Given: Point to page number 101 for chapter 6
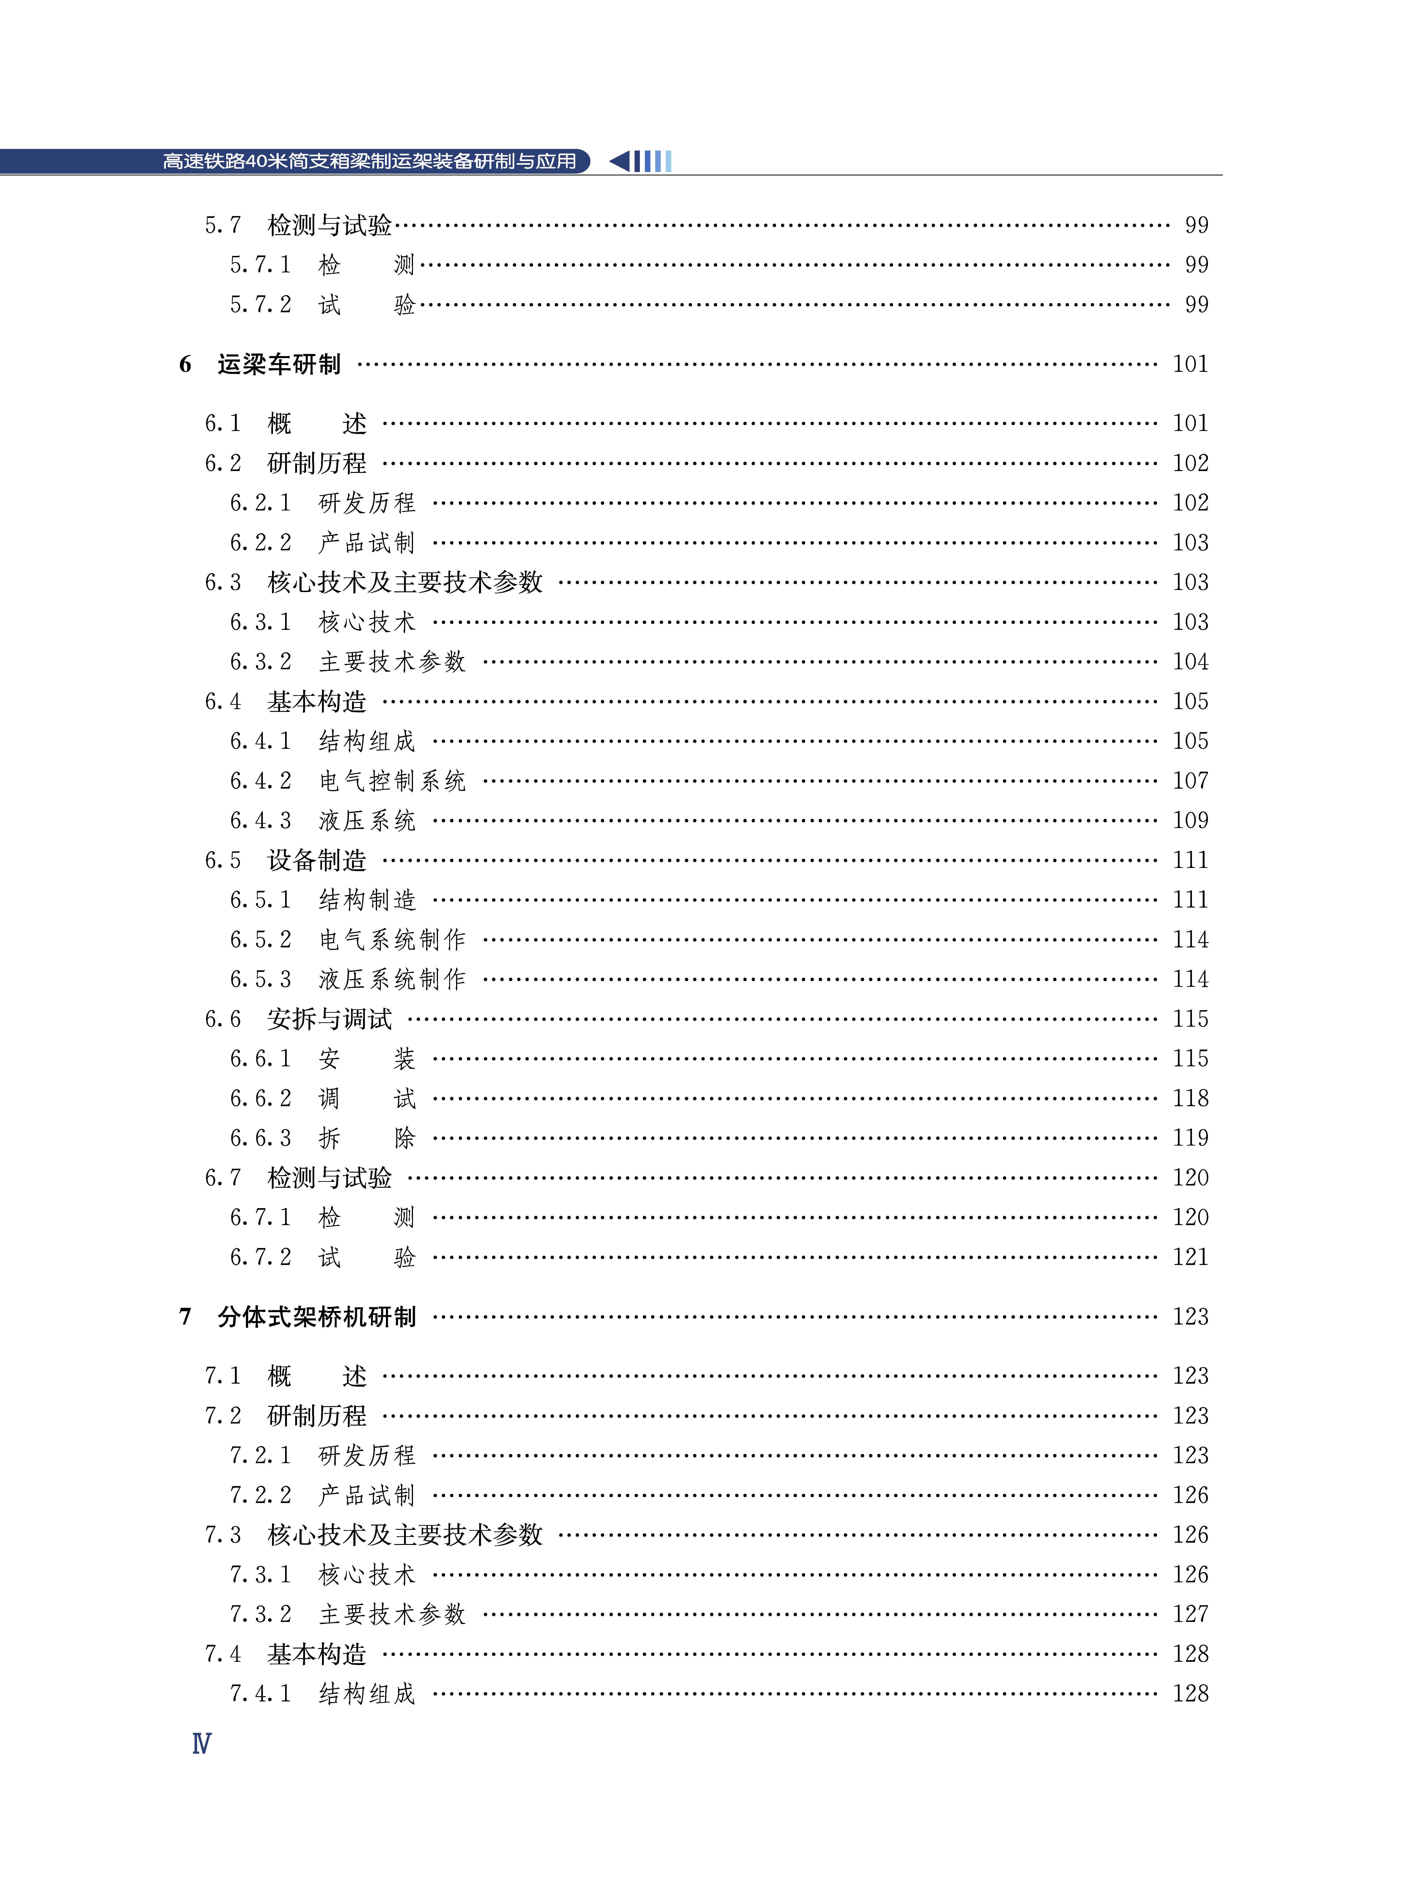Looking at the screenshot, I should click(1190, 364).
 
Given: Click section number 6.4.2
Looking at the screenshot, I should click(261, 780).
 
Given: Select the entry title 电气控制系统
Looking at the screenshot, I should click(392, 780).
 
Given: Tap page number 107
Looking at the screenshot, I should click(1190, 780).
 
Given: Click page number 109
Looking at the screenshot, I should click(1190, 820).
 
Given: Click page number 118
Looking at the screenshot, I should click(1190, 1098).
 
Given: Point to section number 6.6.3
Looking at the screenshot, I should click(261, 1138).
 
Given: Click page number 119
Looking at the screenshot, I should click(1190, 1138).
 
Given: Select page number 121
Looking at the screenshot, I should click(1190, 1257).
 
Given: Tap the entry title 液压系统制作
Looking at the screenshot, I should click(392, 979).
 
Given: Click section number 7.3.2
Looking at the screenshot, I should click(261, 1614).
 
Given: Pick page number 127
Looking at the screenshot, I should click(1190, 1614).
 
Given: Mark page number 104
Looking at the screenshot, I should click(1190, 661).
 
